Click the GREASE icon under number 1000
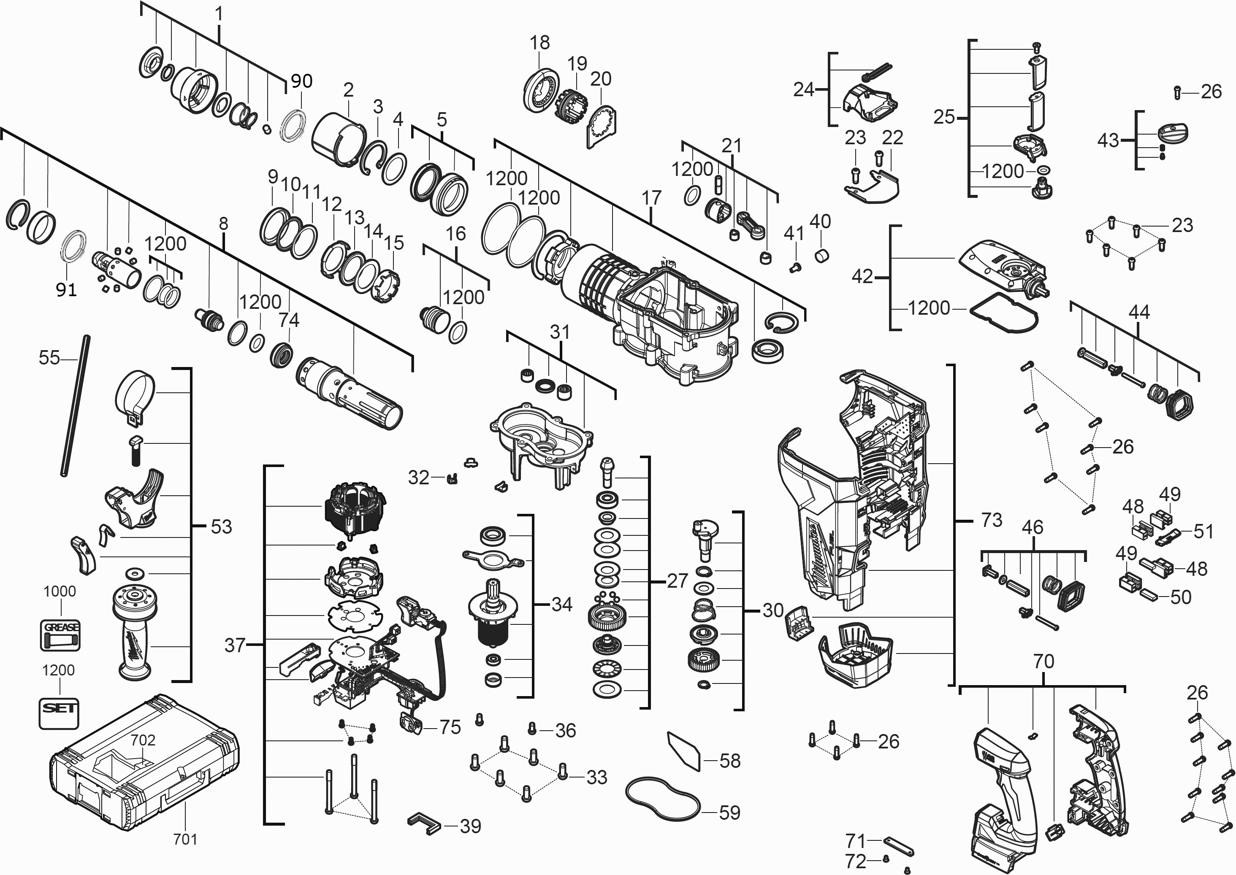pyautogui.click(x=60, y=635)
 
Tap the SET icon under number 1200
pyautogui.click(x=59, y=713)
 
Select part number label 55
pyautogui.click(x=49, y=358)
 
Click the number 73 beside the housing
pyautogui.click(x=991, y=520)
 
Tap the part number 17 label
pyautogui.click(x=651, y=198)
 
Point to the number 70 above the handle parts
pyautogui.click(x=1044, y=661)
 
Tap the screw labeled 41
pyautogui.click(x=794, y=267)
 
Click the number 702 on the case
pyautogui.click(x=143, y=740)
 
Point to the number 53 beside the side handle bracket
pyautogui.click(x=221, y=527)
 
